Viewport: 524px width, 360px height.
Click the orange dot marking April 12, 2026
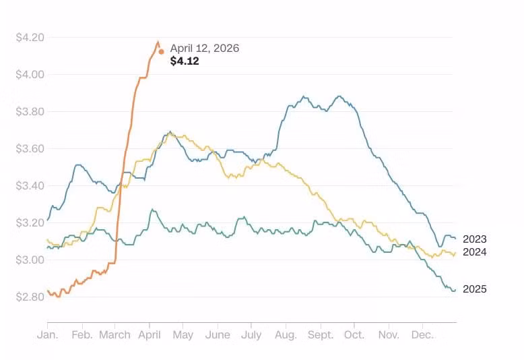click(161, 51)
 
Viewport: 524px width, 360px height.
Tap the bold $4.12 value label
click(185, 61)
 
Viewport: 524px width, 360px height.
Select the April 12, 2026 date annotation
click(204, 49)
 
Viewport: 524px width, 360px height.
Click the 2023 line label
click(474, 239)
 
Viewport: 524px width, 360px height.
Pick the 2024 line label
click(474, 252)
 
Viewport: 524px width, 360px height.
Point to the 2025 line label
click(474, 289)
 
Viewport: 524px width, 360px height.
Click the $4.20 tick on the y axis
click(30, 37)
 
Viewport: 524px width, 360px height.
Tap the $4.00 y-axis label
click(30, 74)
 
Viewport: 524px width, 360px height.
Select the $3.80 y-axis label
click(30, 111)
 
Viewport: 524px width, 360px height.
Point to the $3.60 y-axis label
click(30, 148)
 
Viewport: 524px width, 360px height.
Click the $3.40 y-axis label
click(30, 185)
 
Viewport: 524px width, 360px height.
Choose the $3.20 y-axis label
click(30, 222)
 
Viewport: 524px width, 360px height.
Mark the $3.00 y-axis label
click(30, 260)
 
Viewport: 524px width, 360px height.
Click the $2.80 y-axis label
click(30, 297)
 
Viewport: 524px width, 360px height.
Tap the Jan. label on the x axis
click(47, 334)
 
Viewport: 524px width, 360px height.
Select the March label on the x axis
click(114, 334)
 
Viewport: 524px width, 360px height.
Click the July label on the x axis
click(251, 334)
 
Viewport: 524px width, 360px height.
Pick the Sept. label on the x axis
click(321, 334)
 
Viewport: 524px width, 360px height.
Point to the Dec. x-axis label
click(422, 334)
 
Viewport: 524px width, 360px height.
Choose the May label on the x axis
click(183, 334)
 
